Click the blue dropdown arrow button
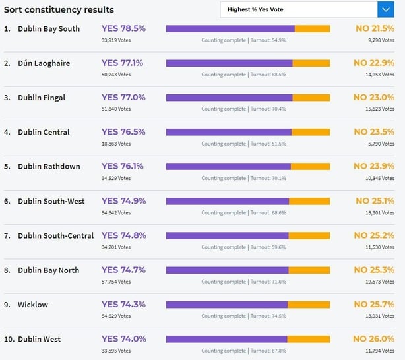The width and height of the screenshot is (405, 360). point(385,9)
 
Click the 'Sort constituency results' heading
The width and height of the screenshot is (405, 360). point(59,10)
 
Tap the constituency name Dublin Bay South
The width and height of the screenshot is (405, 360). point(50,29)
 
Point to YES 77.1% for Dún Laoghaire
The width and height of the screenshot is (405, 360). point(122,63)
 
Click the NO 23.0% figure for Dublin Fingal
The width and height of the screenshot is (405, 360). point(373,98)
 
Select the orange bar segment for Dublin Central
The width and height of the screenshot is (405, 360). point(311,132)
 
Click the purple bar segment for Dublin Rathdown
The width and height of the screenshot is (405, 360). point(228,166)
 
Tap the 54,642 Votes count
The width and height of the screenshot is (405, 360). point(116,213)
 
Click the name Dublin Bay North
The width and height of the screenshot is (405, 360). point(49,270)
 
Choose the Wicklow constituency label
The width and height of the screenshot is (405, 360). point(33,305)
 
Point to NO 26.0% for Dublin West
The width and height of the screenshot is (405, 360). point(373,339)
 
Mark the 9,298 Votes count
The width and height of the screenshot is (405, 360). point(380,40)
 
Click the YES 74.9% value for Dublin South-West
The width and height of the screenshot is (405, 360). point(123,201)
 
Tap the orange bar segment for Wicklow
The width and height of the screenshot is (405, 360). point(309,304)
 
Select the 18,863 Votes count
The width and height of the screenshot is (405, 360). point(116,144)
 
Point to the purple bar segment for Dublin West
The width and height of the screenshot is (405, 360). point(226,339)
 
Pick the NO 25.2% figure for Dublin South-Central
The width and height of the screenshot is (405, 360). point(373,235)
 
